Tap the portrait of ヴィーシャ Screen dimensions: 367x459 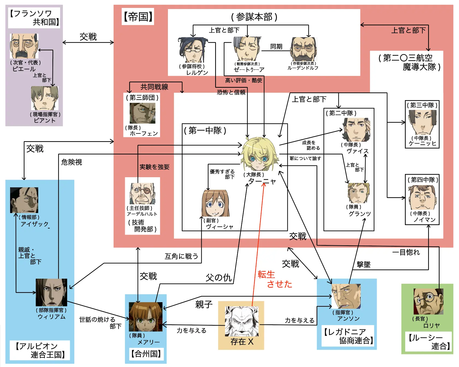pos(215,203)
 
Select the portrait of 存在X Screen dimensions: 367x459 pos(241,321)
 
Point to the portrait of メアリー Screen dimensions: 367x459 pos(146,317)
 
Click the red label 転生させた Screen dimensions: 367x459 pos(274,279)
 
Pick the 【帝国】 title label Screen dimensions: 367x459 pos(138,17)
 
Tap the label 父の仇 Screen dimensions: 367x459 pos(218,278)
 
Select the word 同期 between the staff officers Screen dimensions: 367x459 pos(276,46)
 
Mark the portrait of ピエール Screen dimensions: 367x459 pos(24,46)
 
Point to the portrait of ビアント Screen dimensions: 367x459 pos(45,98)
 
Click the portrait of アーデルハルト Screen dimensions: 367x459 pos(142,194)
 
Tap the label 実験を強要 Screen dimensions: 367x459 pos(155,167)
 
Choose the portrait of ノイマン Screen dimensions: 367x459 pos(422,197)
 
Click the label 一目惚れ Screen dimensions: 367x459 pos(406,252)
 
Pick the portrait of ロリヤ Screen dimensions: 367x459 pos(428,301)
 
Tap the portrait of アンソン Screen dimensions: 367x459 pos(346,296)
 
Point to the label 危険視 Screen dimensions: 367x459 pos(72,162)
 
